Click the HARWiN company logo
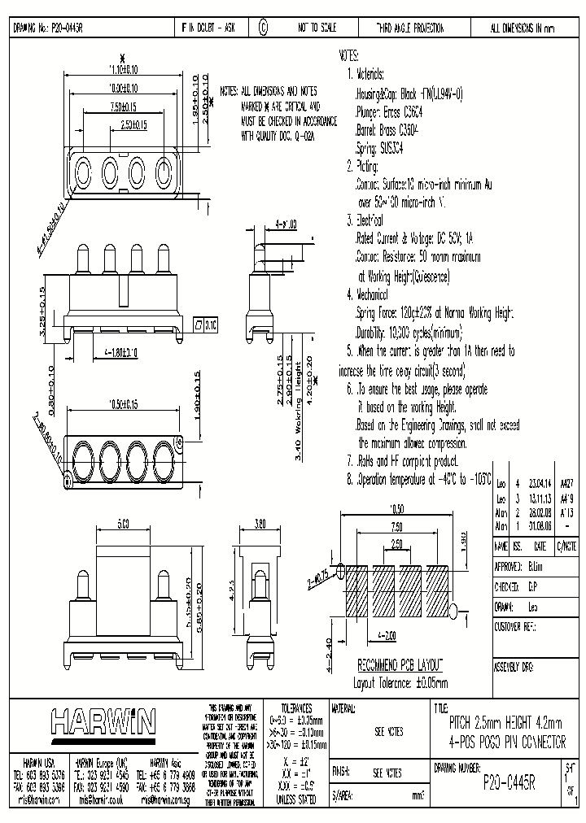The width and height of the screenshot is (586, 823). [x=103, y=721]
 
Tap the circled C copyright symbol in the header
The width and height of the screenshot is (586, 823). [x=263, y=28]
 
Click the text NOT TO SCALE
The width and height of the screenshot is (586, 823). [x=317, y=28]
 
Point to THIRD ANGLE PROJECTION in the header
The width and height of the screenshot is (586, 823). [x=409, y=28]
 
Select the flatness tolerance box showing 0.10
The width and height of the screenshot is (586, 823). [x=205, y=325]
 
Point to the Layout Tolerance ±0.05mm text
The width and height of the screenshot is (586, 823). [x=400, y=682]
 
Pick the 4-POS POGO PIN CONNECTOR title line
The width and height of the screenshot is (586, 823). [x=506, y=742]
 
